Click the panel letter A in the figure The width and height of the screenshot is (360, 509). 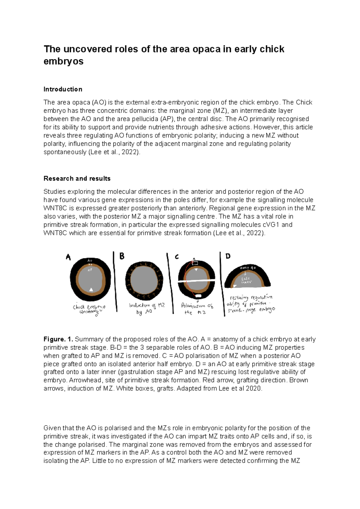point(68,257)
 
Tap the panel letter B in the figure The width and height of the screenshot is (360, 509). point(122,256)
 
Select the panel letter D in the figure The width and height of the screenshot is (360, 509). point(228,256)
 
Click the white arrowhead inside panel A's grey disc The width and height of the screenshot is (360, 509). point(91,289)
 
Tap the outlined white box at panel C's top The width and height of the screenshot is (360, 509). point(195,263)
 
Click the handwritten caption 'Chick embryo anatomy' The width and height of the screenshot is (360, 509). point(89,310)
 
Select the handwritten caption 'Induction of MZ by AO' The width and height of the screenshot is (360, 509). point(147,308)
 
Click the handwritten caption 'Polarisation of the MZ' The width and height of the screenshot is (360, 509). point(197,309)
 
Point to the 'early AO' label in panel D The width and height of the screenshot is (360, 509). point(248,268)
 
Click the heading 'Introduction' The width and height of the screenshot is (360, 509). point(63,89)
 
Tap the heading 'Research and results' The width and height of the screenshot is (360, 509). point(77,179)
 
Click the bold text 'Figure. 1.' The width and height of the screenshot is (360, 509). point(58,339)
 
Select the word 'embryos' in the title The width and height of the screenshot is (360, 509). point(63,61)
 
